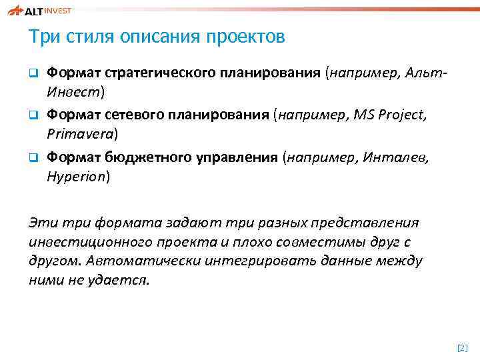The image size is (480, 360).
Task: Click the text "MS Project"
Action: pyautogui.click(x=386, y=115)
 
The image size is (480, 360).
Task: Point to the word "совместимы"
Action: pyautogui.click(x=303, y=241)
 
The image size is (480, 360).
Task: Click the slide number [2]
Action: pyautogui.click(x=463, y=347)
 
